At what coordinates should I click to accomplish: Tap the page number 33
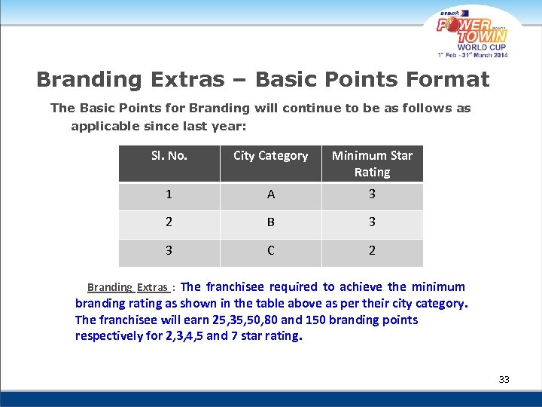tap(504, 379)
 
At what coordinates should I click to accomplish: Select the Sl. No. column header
tap(169, 156)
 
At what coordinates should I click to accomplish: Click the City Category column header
tap(270, 156)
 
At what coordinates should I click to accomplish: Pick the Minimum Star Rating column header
tap(372, 164)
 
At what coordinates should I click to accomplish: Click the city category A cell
tap(271, 194)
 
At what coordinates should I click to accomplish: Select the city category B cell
tap(271, 222)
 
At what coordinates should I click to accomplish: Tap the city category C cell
tap(271, 250)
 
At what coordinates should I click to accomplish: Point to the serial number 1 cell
tap(169, 194)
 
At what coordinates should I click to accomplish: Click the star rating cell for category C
tap(372, 250)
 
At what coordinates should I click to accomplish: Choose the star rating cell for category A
tap(372, 194)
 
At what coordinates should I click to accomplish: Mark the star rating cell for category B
tap(372, 222)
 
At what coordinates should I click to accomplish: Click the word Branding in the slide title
tap(90, 79)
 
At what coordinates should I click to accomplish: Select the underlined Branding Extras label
tap(127, 287)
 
